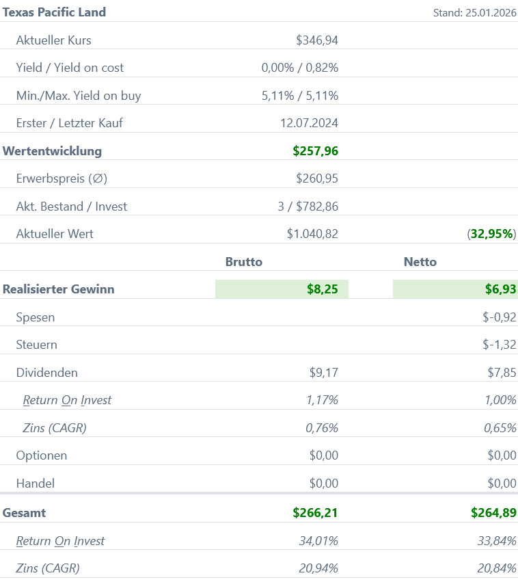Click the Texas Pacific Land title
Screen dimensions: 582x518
[55, 12]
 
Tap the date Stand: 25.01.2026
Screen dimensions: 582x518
[475, 13]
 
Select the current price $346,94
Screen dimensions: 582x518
[317, 40]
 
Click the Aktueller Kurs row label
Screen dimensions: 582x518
[53, 40]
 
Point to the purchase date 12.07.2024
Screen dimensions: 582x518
[309, 124]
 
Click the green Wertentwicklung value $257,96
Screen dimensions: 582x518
[315, 151]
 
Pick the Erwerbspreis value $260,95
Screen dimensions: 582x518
[317, 179]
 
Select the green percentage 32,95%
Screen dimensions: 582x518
[492, 234]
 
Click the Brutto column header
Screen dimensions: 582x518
[244, 262]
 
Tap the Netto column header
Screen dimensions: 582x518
[420, 262]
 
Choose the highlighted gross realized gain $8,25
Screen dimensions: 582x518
[323, 289]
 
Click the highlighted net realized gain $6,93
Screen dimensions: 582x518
[501, 289]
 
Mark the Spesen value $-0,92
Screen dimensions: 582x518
[499, 317]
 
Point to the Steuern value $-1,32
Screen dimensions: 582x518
[499, 345]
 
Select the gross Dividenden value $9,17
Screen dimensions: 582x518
[324, 373]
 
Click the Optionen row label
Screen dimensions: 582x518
[42, 455]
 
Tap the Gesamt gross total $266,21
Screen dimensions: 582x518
[315, 513]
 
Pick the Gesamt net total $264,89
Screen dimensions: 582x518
[493, 513]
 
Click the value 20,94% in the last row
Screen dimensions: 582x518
[318, 568]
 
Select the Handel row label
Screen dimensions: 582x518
[35, 484]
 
